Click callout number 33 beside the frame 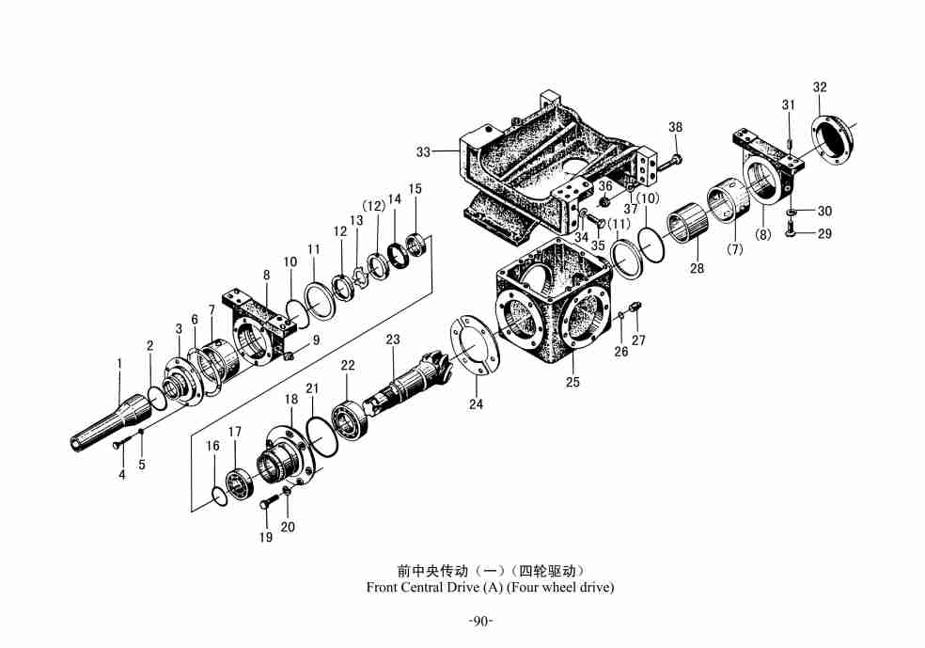click(423, 151)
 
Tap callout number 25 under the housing click(572, 382)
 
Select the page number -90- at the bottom click(480, 621)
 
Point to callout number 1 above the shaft click(119, 363)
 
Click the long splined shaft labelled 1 click(108, 424)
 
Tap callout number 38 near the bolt click(676, 127)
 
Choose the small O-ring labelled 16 click(217, 496)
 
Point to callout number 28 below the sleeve click(697, 269)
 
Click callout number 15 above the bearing click(415, 188)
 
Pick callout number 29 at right click(824, 233)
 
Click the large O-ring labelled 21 click(320, 439)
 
